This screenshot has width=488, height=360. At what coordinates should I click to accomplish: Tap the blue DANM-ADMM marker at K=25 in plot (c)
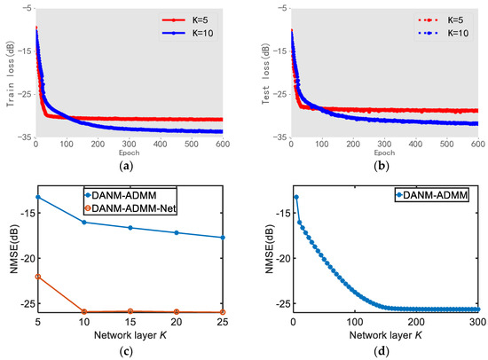pos(222,238)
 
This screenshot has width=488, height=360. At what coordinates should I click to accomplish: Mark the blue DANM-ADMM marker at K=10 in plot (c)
pos(83,222)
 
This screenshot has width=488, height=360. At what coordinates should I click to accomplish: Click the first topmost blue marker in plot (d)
pos(295,196)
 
